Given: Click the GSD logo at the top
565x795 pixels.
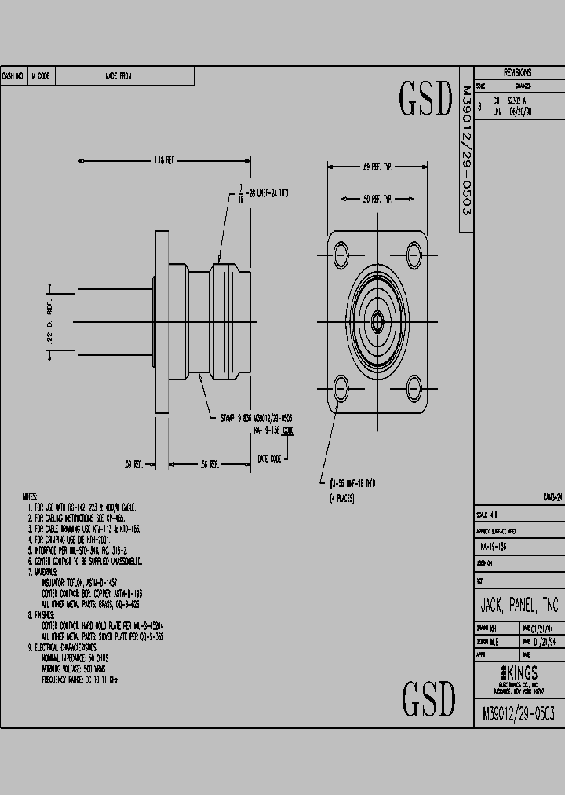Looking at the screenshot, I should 426,99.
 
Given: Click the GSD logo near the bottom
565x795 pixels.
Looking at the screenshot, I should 428,697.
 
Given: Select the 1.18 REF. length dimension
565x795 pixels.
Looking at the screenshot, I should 164,160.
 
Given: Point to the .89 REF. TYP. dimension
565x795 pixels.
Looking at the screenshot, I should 378,166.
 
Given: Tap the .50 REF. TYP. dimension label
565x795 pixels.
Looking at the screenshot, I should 377,200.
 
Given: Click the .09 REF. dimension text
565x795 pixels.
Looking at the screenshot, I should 133,464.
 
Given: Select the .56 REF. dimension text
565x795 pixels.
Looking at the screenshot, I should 209,464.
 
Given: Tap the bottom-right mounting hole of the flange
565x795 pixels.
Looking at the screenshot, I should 414,388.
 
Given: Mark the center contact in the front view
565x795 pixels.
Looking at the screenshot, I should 378,321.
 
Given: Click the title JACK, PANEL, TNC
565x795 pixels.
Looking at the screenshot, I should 519,605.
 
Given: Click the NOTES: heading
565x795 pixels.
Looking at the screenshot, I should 30,497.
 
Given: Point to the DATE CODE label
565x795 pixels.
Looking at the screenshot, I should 268,459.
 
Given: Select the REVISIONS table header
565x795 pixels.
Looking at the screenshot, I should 517,72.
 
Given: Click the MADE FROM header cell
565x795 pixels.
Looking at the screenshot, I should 118,76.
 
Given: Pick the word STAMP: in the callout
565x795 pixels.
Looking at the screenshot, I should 230,418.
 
